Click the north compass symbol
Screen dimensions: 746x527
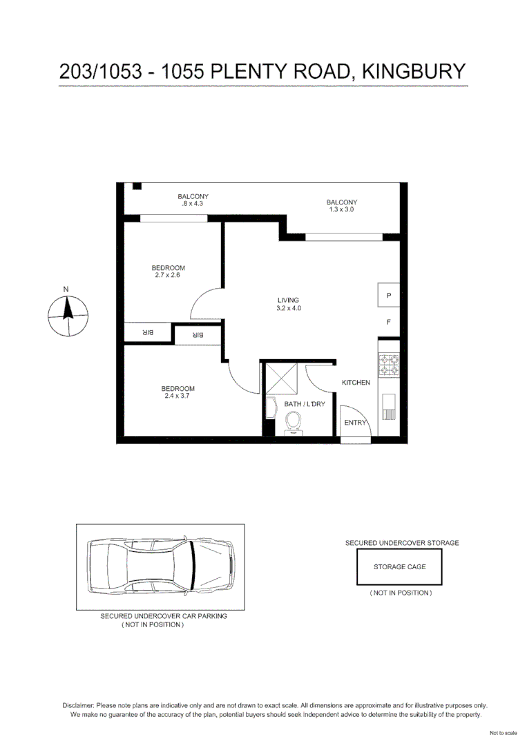tap(67, 315)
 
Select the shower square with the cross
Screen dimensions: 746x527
tap(280, 378)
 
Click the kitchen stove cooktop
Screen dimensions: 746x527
tap(389, 365)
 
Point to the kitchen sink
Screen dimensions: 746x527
tap(389, 407)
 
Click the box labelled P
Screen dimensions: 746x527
tap(389, 296)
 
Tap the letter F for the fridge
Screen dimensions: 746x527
tap(389, 322)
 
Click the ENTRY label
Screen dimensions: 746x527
tap(355, 422)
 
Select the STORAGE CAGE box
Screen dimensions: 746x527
tap(399, 567)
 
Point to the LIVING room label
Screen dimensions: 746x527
tap(288, 300)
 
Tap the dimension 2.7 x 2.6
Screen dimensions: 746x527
tap(169, 275)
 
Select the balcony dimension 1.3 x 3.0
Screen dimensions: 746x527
tap(341, 209)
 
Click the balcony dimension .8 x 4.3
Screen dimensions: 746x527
tap(193, 204)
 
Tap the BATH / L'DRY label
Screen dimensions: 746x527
tap(305, 404)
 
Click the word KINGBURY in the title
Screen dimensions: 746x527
tap(414, 71)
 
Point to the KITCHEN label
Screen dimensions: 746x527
tap(356, 383)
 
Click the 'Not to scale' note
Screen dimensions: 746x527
tap(503, 733)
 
